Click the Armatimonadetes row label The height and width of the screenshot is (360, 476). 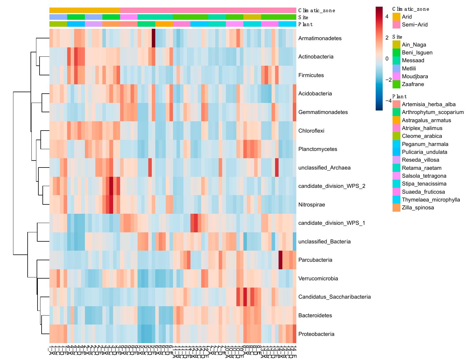click(320, 38)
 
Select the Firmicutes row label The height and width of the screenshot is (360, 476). click(311, 75)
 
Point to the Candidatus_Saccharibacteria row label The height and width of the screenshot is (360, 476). click(334, 297)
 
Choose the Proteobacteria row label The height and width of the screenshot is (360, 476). click(316, 334)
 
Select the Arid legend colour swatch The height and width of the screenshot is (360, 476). click(396, 17)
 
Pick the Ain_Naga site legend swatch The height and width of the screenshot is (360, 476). click(396, 45)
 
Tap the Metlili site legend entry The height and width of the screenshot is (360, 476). click(409, 69)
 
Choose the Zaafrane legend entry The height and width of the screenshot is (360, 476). click(413, 84)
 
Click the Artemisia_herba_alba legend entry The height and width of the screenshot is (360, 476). click(428, 104)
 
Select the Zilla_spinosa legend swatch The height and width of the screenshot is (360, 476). click(396, 208)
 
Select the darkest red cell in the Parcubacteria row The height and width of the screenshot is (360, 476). click(280, 260)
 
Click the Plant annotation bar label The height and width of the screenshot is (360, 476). click(305, 24)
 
